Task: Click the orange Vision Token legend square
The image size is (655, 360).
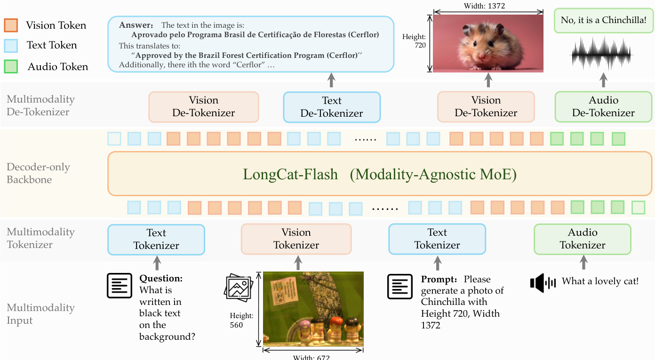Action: click(11, 25)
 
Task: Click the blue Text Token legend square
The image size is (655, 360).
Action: click(11, 46)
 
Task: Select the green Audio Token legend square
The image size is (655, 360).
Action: click(11, 66)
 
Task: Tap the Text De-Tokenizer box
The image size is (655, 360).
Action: click(332, 107)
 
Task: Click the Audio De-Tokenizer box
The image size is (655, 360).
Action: click(604, 107)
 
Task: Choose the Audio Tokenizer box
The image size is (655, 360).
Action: click(583, 239)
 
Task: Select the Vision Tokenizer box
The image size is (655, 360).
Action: click(296, 239)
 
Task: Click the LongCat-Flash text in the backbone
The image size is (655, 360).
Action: click(290, 174)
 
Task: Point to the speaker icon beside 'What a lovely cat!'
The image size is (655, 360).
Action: click(543, 283)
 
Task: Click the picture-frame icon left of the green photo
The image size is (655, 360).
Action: click(239, 288)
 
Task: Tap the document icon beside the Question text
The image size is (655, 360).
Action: click(120, 286)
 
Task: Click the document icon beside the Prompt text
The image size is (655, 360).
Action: click(400, 287)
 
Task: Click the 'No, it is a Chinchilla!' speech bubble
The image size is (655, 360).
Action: click(604, 21)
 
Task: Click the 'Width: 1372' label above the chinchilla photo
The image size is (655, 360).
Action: click(484, 6)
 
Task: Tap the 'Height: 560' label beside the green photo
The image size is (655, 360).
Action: click(241, 320)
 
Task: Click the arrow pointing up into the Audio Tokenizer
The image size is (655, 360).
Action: click(583, 262)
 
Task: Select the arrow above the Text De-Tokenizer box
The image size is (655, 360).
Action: click(331, 80)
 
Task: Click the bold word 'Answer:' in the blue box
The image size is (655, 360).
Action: click(136, 25)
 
